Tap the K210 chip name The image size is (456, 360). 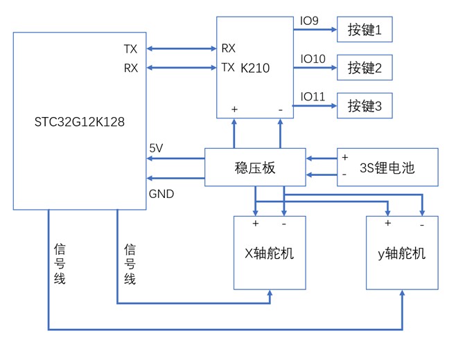[x=255, y=68]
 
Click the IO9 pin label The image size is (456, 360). [x=309, y=21]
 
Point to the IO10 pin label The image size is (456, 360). [x=312, y=60]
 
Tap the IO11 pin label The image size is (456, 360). [x=312, y=97]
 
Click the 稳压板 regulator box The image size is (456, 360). [x=255, y=167]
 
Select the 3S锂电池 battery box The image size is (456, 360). [x=387, y=167]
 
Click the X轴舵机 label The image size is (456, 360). [x=270, y=253]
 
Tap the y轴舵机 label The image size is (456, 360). [x=402, y=253]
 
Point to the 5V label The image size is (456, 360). [x=157, y=148]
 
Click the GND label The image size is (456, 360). [x=161, y=195]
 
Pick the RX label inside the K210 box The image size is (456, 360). [x=229, y=49]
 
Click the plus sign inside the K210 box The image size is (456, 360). [x=234, y=109]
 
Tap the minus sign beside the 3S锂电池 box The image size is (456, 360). [x=344, y=174]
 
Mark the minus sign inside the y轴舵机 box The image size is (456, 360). [x=422, y=225]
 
